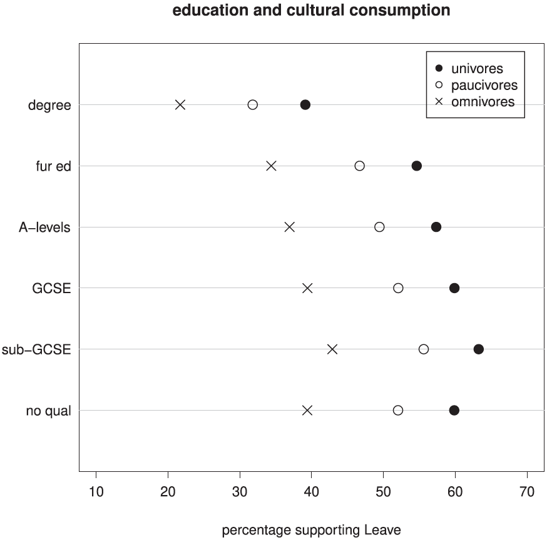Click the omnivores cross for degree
click(180, 104)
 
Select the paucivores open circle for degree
click(253, 104)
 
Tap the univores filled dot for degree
click(305, 104)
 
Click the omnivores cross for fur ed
click(271, 166)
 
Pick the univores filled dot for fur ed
click(416, 166)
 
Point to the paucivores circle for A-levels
click(379, 227)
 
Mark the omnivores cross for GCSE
click(307, 288)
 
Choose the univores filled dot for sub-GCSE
click(479, 349)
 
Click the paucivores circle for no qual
click(398, 410)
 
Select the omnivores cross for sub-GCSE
click(332, 349)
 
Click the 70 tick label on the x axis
click(528, 491)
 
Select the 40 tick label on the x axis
click(312, 491)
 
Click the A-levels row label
click(44, 227)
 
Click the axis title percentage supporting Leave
click(311, 531)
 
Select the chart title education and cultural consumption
click(311, 11)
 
